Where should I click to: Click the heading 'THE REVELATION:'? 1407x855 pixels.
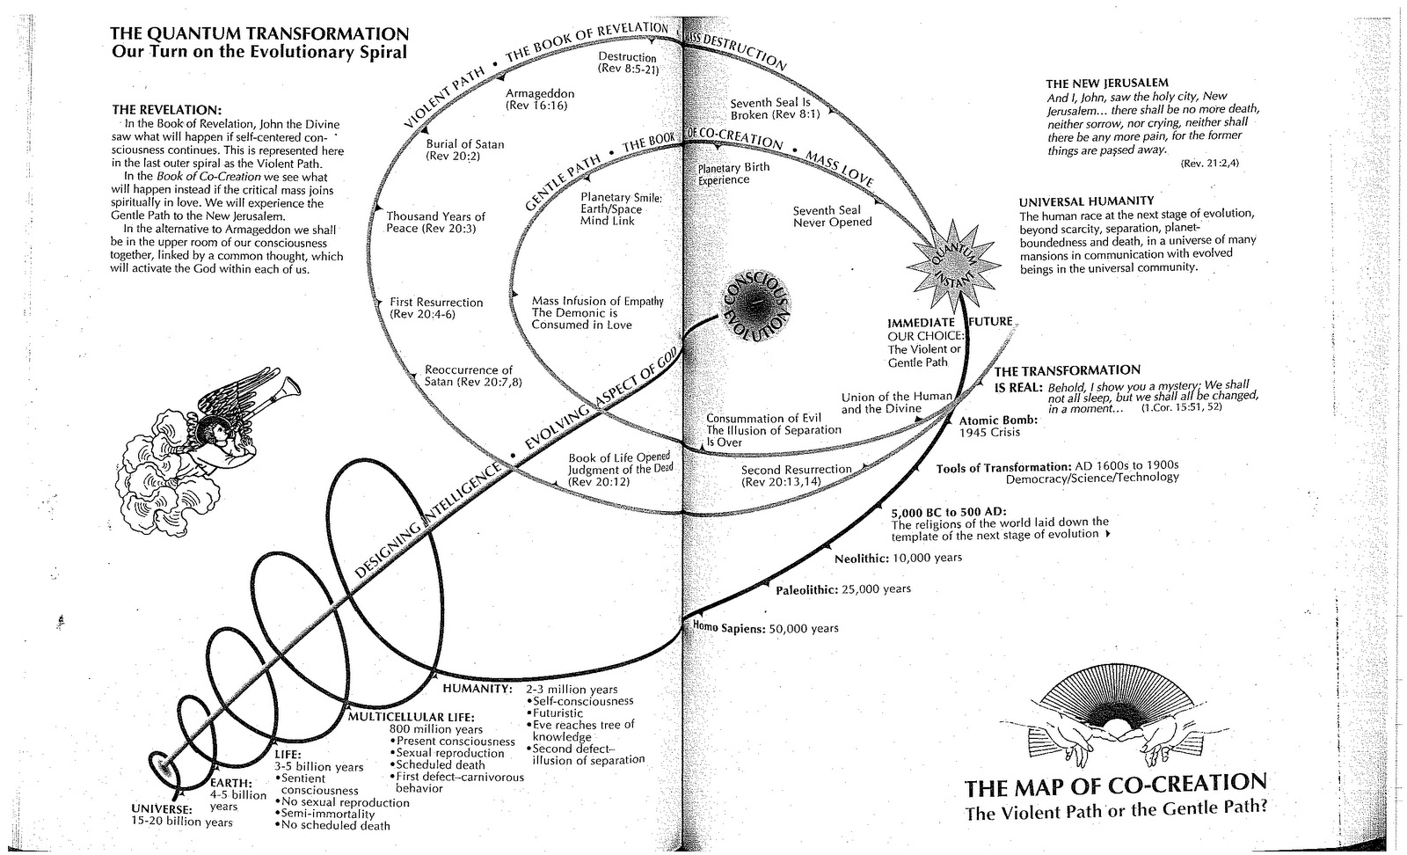pyautogui.click(x=166, y=110)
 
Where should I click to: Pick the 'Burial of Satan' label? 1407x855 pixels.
pyautogui.click(x=465, y=150)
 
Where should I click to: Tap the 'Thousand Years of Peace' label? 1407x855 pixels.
pyautogui.click(x=436, y=223)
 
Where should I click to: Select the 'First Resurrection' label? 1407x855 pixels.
pyautogui.click(x=435, y=308)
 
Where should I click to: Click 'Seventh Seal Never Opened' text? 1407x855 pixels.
pyautogui.click(x=832, y=216)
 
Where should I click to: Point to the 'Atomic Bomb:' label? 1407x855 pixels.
pyautogui.click(x=998, y=420)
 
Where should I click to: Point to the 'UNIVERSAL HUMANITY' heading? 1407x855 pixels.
pyautogui.click(x=1086, y=201)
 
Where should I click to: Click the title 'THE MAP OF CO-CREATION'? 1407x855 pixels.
pyautogui.click(x=1116, y=784)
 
